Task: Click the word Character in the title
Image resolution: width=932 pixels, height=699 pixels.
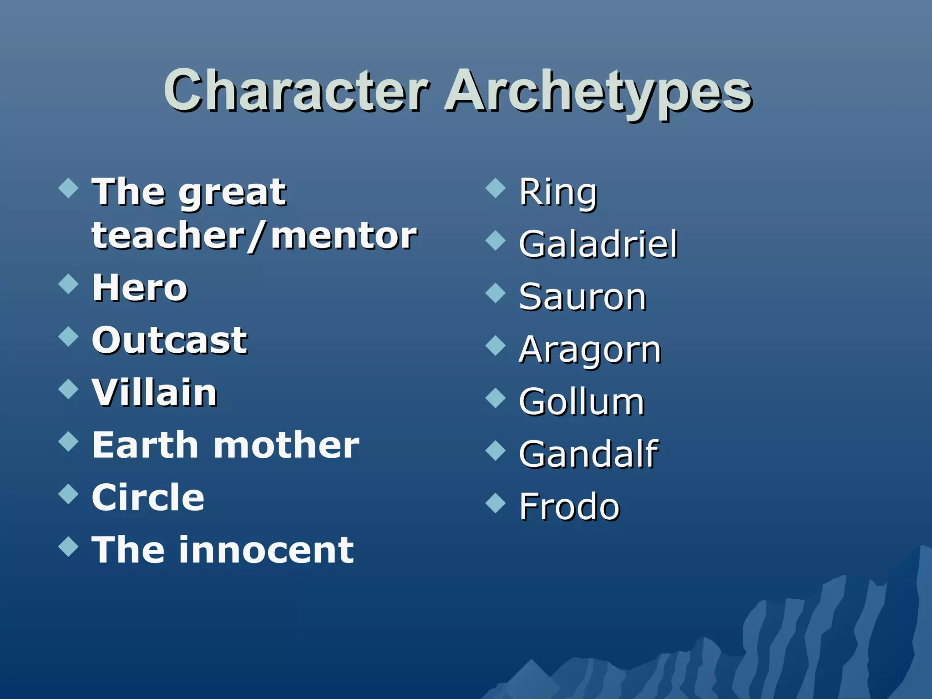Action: point(296,91)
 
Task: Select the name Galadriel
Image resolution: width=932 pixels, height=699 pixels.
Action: point(598,244)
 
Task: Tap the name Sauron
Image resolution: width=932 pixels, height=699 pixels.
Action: point(582,297)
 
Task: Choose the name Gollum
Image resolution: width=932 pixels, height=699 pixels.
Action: point(582,402)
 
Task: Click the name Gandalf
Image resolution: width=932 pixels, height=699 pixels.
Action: point(588,454)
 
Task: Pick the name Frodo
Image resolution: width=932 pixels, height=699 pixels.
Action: point(569,507)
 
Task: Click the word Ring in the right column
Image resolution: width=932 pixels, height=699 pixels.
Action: point(558,193)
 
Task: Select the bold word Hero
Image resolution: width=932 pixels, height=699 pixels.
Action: point(140,288)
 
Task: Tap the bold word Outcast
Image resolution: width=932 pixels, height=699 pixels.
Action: point(170,340)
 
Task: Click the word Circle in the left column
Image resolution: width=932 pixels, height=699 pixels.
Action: point(148,497)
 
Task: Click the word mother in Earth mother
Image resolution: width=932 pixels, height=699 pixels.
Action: point(286,445)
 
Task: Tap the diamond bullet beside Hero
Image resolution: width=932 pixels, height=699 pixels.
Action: point(69,284)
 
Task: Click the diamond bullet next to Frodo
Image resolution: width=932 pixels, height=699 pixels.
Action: point(496,502)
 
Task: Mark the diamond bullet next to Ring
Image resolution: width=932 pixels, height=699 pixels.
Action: point(496,188)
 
